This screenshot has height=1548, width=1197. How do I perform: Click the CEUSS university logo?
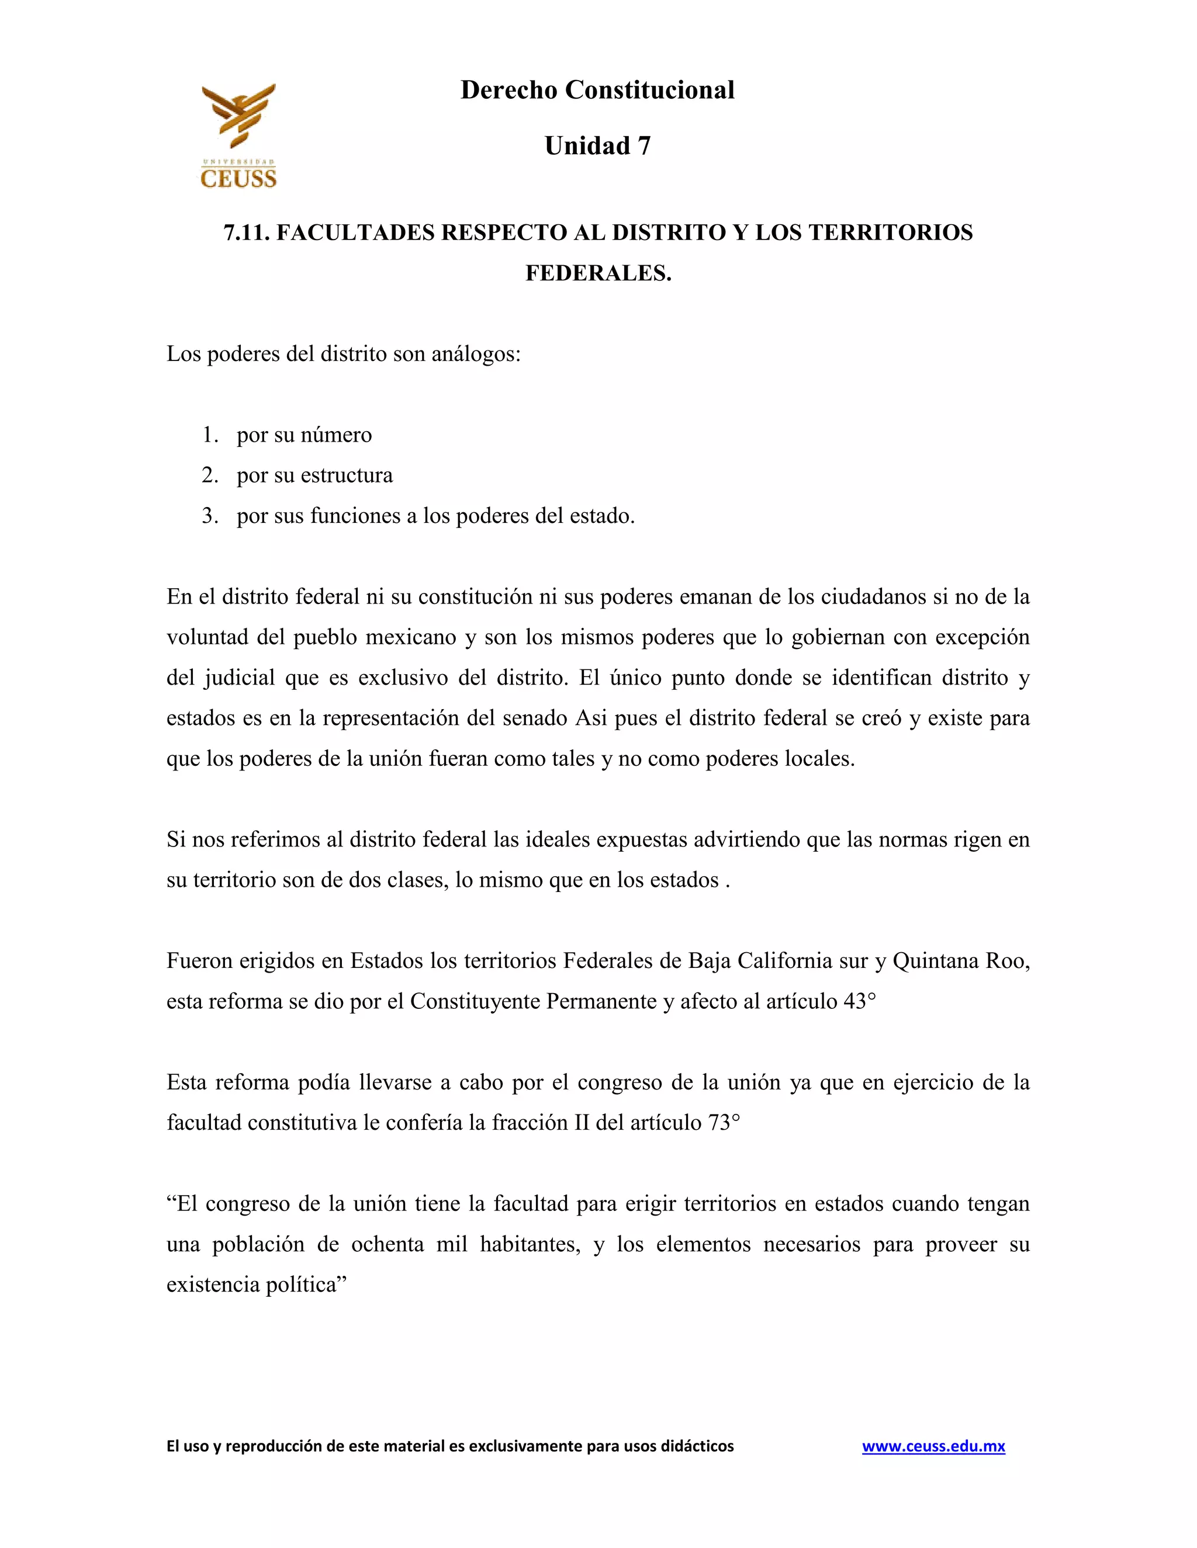coord(238,136)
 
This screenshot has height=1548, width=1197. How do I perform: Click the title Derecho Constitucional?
coord(597,90)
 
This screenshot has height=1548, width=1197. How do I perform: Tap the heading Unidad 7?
coord(597,146)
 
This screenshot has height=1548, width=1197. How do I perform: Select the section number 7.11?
coord(246,232)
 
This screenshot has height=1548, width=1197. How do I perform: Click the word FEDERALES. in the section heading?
coord(598,273)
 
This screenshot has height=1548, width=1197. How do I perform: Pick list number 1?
coord(209,435)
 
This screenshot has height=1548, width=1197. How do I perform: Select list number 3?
coord(209,515)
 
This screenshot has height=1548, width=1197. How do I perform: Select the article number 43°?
coord(859,1001)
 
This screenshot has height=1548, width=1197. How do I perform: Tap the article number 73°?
coord(724,1122)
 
